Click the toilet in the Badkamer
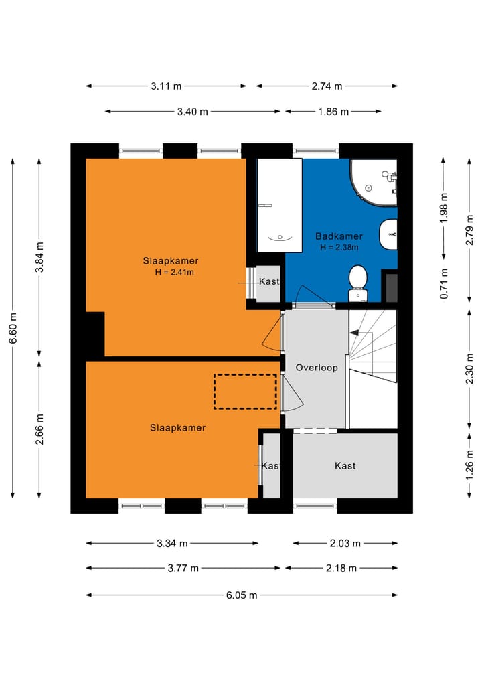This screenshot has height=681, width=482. coord(357,283)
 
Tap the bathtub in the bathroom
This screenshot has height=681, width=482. coord(280,205)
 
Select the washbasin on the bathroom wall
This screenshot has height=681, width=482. coord(388,234)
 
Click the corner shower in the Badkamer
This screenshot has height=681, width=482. coord(374,182)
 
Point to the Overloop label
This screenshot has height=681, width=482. coord(317,368)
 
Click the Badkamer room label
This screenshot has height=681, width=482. coord(339,236)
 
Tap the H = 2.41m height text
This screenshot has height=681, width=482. coord(174,273)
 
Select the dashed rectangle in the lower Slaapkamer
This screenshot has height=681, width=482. coord(245,392)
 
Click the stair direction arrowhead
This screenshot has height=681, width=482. coord(354,333)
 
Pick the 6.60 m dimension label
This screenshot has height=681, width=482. coord(13,328)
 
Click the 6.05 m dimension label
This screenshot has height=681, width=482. coord(242,595)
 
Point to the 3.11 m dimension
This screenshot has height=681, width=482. coord(166,86)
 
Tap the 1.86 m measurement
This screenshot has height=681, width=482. coord(333,112)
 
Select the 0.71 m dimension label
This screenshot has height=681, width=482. coord(443,284)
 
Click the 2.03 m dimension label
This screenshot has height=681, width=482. coord(345,543)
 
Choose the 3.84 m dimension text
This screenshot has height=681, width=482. coord(39,257)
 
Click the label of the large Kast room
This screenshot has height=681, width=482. coord(345,466)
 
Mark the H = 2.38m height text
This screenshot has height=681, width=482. coord(339,248)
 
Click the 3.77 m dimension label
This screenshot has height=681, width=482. coord(183,568)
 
